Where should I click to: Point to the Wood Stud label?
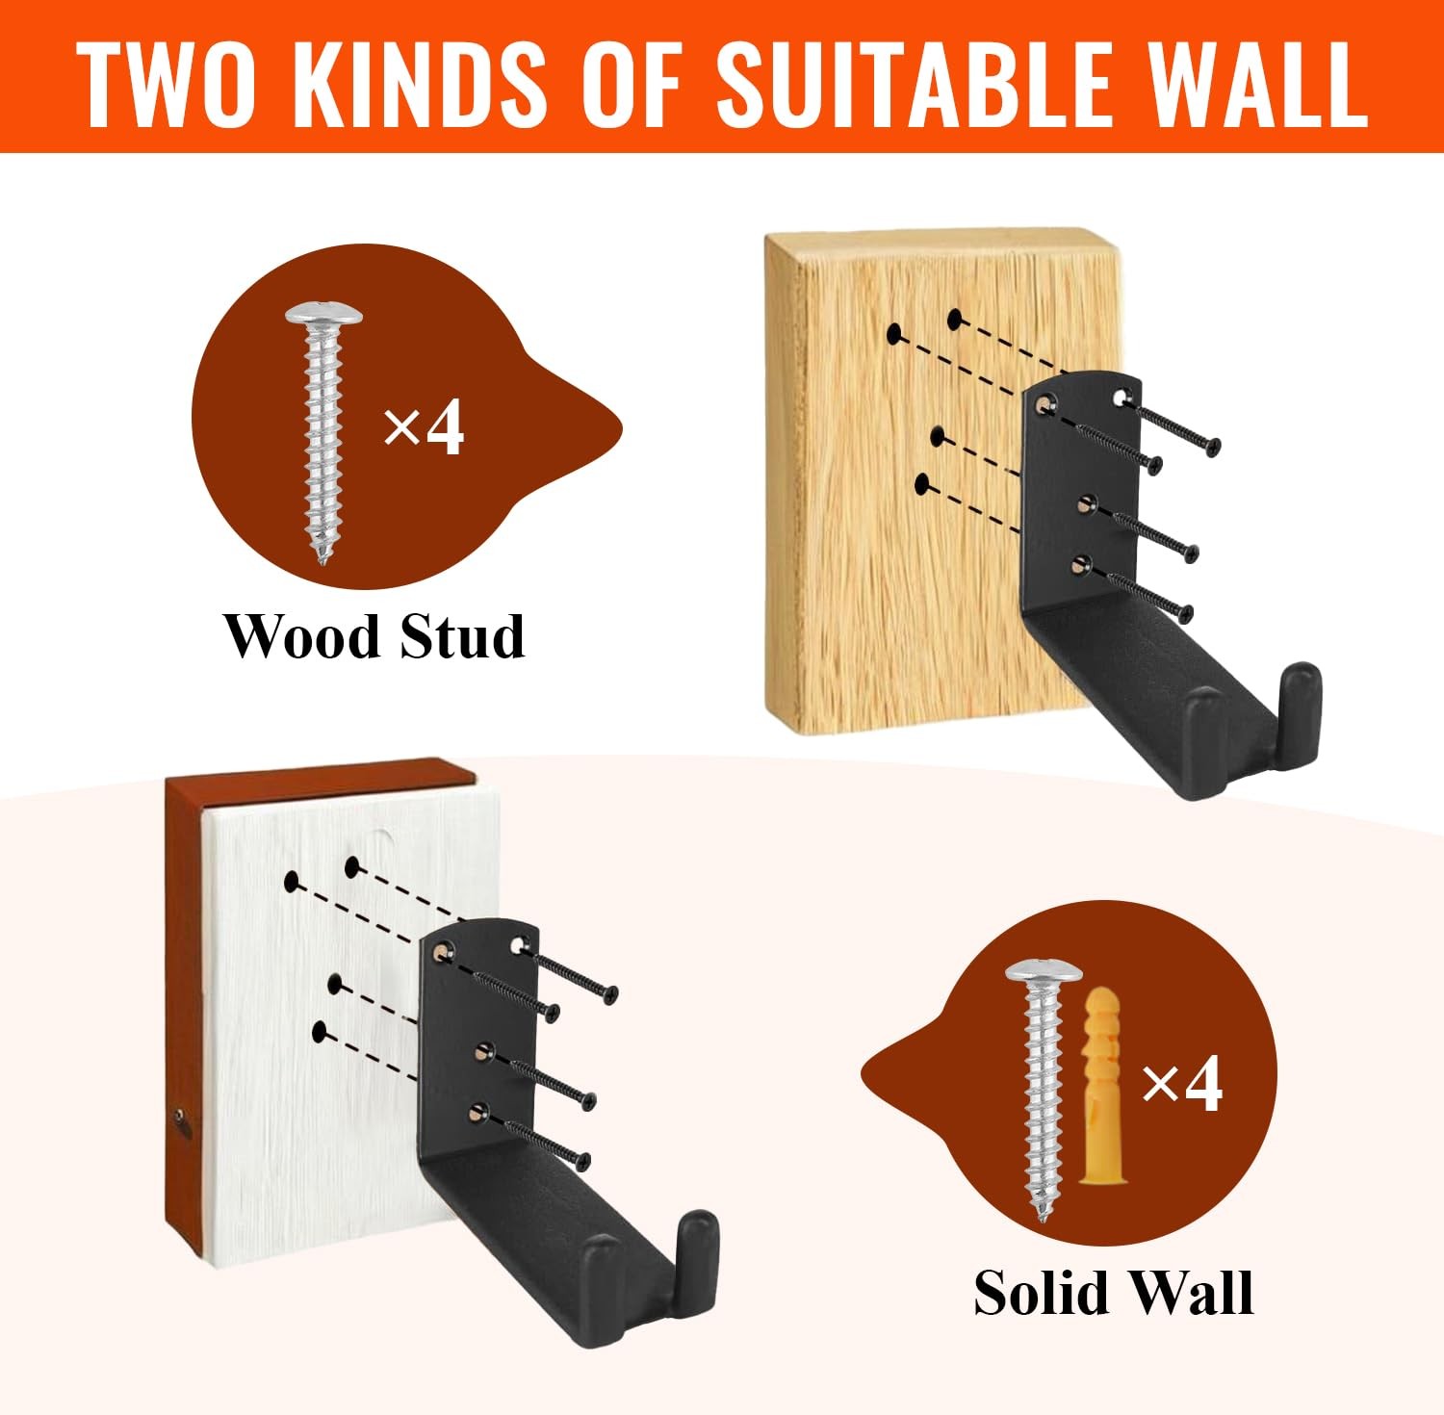tap(374, 636)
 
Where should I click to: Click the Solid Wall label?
tap(1113, 1292)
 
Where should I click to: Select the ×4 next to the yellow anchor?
tap(1182, 1084)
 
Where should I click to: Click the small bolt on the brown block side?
tap(180, 1117)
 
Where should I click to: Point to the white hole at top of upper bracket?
tap(1120, 396)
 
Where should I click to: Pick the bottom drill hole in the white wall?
tap(321, 1032)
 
